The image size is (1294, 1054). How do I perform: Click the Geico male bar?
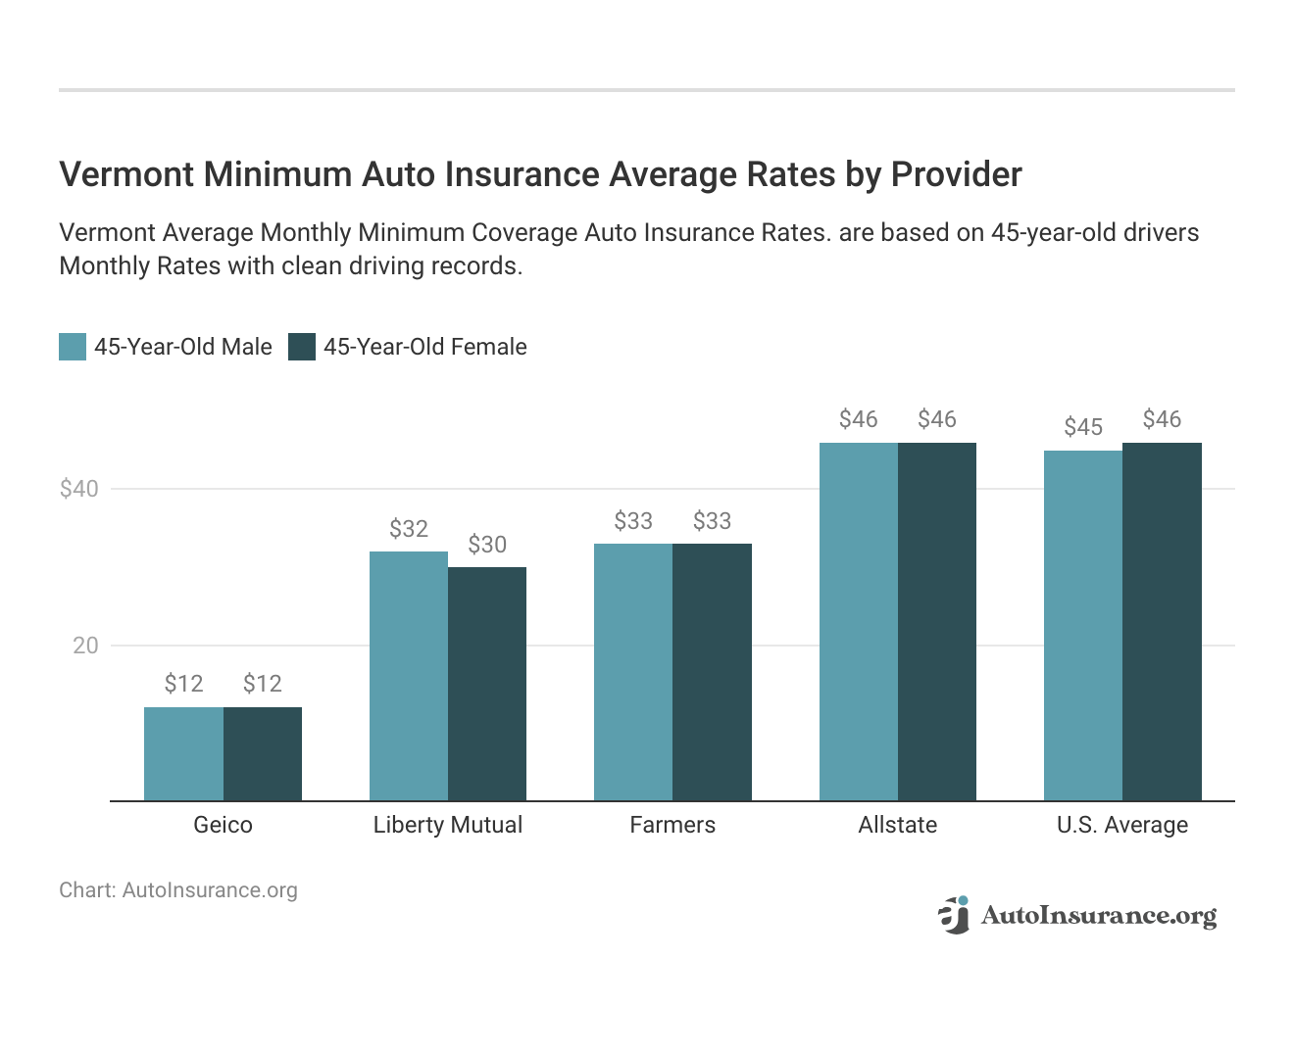pyautogui.click(x=183, y=754)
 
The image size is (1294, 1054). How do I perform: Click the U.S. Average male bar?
pyautogui.click(x=1083, y=626)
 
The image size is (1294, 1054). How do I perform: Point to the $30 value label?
pyautogui.click(x=487, y=545)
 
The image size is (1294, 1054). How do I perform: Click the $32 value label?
pyautogui.click(x=409, y=529)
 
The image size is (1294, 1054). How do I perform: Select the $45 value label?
pyautogui.click(x=1083, y=427)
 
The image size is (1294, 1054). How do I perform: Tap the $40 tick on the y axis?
pyautogui.click(x=79, y=489)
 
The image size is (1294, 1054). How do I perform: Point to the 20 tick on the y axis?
pyautogui.click(x=85, y=646)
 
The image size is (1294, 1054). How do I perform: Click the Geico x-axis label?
pyautogui.click(x=223, y=825)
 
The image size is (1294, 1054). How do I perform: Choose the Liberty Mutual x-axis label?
pyautogui.click(x=448, y=825)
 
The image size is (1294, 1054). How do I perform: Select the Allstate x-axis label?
pyautogui.click(x=897, y=825)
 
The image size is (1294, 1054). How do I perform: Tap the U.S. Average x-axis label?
pyautogui.click(x=1122, y=825)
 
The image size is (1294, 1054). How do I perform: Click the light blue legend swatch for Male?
pyautogui.click(x=73, y=347)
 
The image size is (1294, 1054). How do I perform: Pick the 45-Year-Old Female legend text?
pyautogui.click(x=424, y=347)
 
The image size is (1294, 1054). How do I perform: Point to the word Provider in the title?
pyautogui.click(x=956, y=174)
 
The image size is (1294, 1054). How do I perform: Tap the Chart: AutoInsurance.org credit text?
pyautogui.click(x=178, y=890)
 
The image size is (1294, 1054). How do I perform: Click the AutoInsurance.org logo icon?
pyautogui.click(x=953, y=915)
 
